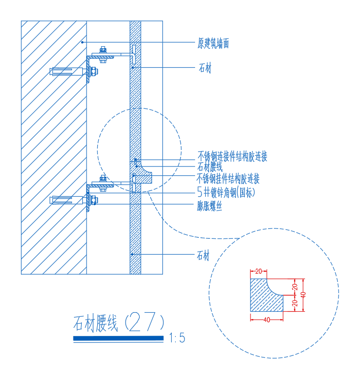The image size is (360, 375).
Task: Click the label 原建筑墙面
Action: (x=213, y=43)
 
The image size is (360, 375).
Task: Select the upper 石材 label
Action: (x=205, y=68)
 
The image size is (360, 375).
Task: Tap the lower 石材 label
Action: (x=203, y=255)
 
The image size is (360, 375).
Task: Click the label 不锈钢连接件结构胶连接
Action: (x=232, y=157)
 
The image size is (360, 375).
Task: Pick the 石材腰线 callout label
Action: (x=210, y=167)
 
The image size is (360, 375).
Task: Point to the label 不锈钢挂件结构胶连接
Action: (x=228, y=179)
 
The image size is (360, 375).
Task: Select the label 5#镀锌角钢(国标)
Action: (x=226, y=192)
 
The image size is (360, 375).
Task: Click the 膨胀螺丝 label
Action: (x=210, y=206)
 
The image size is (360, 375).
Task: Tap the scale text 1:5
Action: (x=177, y=337)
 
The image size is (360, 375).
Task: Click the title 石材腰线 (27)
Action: (x=119, y=322)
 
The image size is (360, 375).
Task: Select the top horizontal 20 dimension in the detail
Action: (x=258, y=271)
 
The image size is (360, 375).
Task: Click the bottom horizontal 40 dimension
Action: (x=267, y=320)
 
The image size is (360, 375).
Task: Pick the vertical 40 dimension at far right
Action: (x=303, y=295)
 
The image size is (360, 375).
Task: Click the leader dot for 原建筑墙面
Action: (x=82, y=42)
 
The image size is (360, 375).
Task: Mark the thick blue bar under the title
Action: (x=118, y=338)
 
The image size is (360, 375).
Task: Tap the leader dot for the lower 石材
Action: (x=132, y=254)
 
